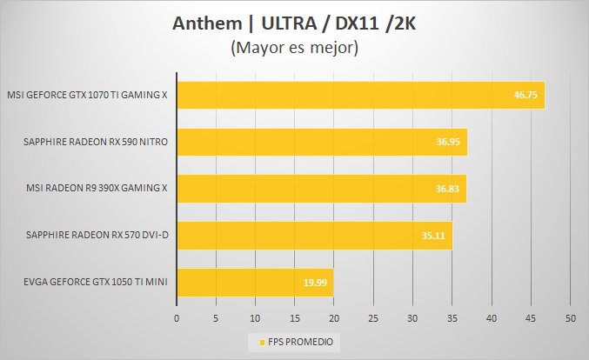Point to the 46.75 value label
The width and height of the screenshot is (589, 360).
pyautogui.click(x=525, y=95)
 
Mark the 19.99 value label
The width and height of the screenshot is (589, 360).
pyautogui.click(x=315, y=282)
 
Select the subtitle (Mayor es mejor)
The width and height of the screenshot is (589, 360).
pyautogui.click(x=294, y=49)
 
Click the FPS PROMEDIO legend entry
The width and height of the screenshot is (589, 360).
pyautogui.click(x=294, y=341)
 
